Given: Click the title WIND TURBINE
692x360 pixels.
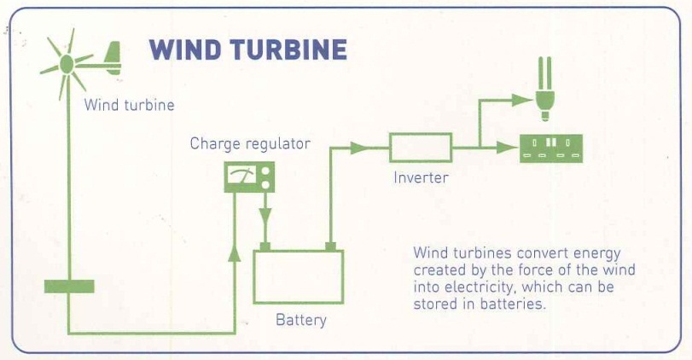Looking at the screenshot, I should pos(248,49).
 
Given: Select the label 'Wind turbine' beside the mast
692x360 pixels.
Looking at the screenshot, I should pos(129,106).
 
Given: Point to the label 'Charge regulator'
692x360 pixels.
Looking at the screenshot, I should pos(250,143).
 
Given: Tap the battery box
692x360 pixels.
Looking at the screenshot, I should pos(298,276).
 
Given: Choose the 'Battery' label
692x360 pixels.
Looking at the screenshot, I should pos(300,321).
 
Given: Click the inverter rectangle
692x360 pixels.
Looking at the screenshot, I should pos(421,148).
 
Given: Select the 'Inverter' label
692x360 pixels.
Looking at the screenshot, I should pos(421,178).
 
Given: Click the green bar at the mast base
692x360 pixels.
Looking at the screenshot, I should pos(69,286).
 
